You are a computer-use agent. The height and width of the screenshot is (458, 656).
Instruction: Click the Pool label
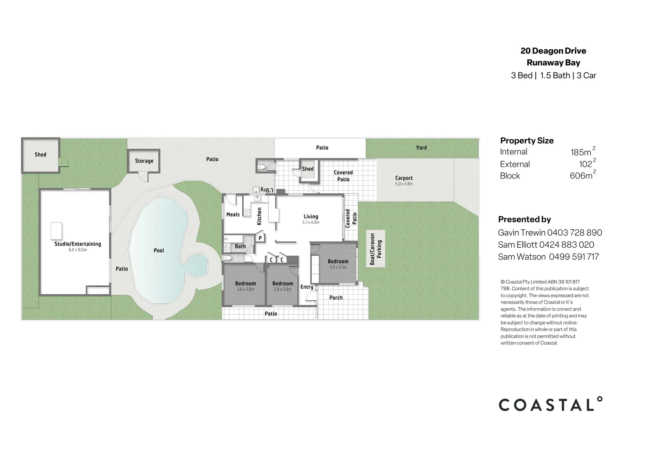(x=159, y=251)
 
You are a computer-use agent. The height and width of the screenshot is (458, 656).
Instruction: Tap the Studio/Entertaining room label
(x=78, y=244)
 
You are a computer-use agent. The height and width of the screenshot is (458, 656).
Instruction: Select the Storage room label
(x=144, y=161)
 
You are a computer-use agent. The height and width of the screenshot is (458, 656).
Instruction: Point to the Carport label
(x=404, y=178)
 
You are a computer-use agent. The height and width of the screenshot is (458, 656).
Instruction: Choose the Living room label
(x=311, y=216)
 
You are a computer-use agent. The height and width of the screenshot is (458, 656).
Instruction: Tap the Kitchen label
(x=259, y=216)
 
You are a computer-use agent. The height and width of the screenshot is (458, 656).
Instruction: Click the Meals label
(x=233, y=215)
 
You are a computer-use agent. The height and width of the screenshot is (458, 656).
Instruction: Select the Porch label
(x=336, y=298)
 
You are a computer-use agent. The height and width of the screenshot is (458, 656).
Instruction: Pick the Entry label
(x=307, y=287)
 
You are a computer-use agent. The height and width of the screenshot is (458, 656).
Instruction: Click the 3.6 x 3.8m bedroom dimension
(x=245, y=290)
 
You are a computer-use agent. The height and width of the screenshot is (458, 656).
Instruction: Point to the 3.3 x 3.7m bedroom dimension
(x=338, y=267)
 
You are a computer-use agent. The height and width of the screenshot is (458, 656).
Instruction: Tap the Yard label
(x=422, y=148)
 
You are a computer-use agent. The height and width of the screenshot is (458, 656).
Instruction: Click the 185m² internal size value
(x=583, y=151)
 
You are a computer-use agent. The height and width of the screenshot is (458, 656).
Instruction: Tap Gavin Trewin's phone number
(x=574, y=233)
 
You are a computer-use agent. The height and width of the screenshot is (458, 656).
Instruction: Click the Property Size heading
(x=527, y=141)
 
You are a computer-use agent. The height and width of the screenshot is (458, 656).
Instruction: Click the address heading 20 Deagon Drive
(x=553, y=51)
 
